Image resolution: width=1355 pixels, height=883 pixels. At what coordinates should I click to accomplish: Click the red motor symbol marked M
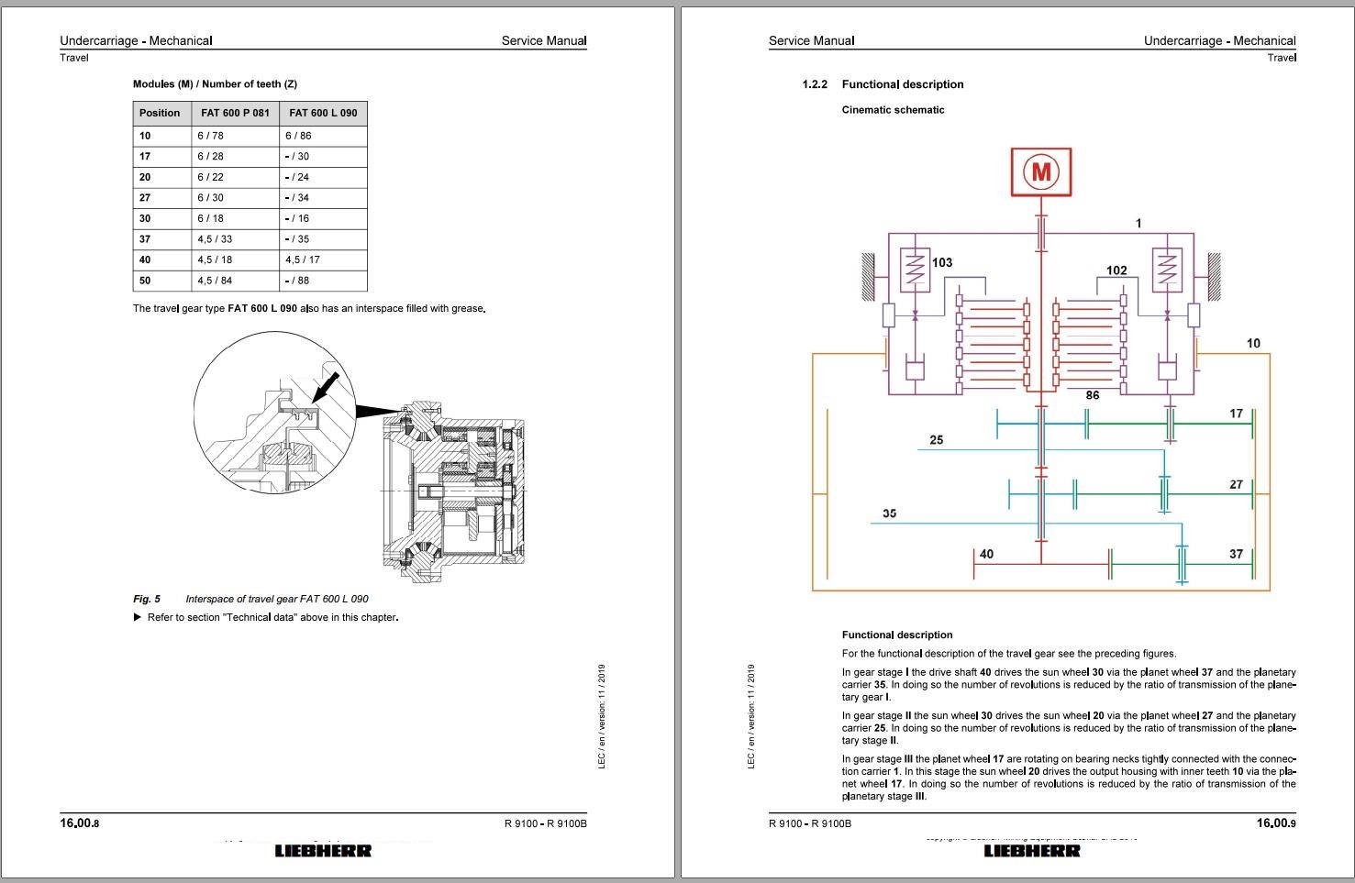1040,171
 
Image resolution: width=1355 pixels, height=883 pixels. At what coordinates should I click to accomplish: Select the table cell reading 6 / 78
210,136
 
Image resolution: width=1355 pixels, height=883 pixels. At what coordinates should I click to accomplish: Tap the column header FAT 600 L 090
323,113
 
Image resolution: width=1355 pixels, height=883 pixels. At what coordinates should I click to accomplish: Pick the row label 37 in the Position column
145,239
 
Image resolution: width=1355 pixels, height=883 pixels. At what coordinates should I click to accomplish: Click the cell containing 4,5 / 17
303,260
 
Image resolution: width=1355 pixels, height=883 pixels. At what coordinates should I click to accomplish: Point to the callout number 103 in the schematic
942,262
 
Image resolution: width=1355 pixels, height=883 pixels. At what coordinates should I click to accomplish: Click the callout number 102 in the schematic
1116,270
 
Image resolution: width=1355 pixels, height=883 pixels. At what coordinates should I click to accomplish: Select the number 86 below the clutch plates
1092,395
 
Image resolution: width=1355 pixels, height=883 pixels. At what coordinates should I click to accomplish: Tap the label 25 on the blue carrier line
936,440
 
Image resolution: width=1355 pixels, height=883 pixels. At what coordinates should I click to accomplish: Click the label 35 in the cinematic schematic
889,513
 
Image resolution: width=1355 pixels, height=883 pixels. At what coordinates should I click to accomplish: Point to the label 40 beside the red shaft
986,554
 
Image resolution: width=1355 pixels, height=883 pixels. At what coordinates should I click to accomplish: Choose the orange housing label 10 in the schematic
1253,343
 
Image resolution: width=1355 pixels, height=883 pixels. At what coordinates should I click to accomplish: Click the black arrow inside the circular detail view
326,386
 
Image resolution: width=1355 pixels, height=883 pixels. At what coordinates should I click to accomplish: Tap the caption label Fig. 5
147,599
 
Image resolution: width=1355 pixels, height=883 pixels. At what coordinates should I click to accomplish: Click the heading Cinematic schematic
893,110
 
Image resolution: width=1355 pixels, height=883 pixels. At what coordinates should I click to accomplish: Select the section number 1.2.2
815,84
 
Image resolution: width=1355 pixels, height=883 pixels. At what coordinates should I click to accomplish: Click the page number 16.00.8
80,823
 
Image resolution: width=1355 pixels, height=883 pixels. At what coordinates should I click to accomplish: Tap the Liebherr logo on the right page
1032,851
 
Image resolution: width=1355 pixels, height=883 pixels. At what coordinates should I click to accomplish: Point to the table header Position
160,113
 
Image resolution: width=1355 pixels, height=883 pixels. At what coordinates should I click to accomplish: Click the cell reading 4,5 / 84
215,281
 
